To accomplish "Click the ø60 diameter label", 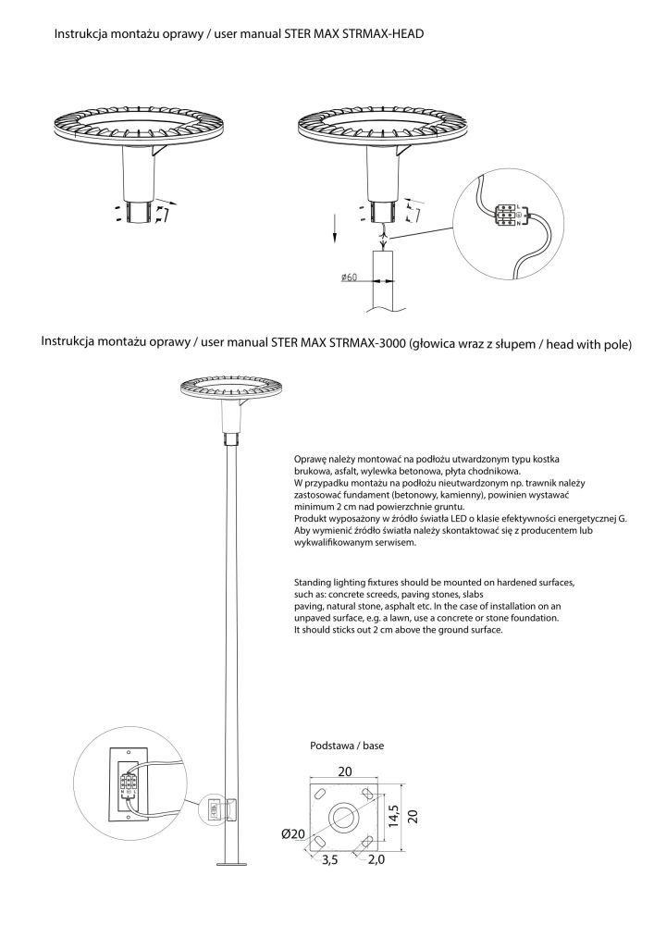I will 349,277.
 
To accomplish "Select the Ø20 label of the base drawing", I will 294,834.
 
